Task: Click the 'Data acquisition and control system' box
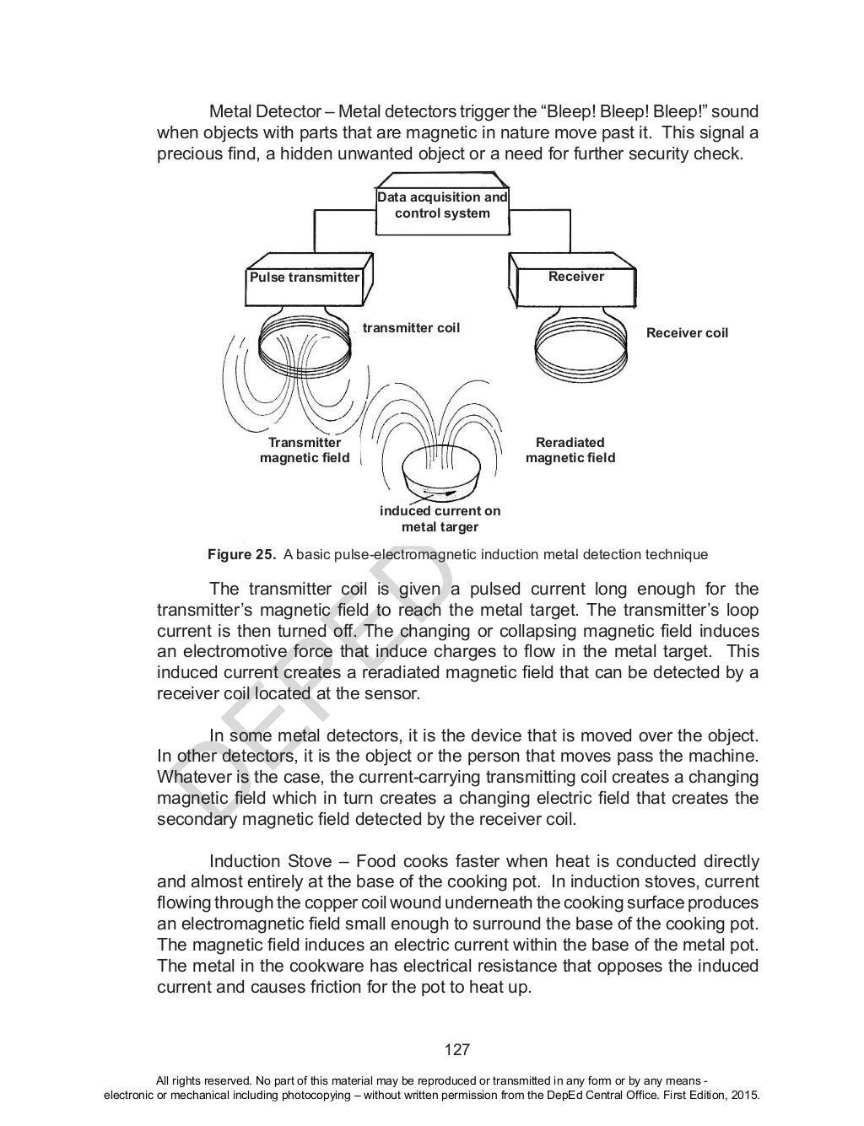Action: pos(442,205)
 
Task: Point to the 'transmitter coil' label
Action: pos(411,327)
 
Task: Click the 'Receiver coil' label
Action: pos(687,332)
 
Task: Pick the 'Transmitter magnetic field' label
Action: pos(305,450)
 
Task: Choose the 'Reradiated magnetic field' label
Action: pos(570,450)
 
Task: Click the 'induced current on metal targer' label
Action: pos(440,519)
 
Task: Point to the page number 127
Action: pos(456,1050)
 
